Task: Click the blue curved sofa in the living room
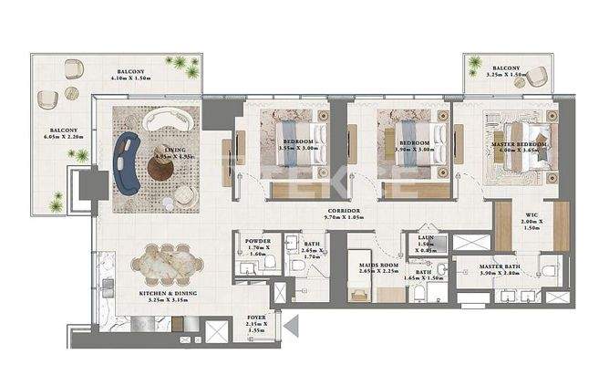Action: click(128, 157)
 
